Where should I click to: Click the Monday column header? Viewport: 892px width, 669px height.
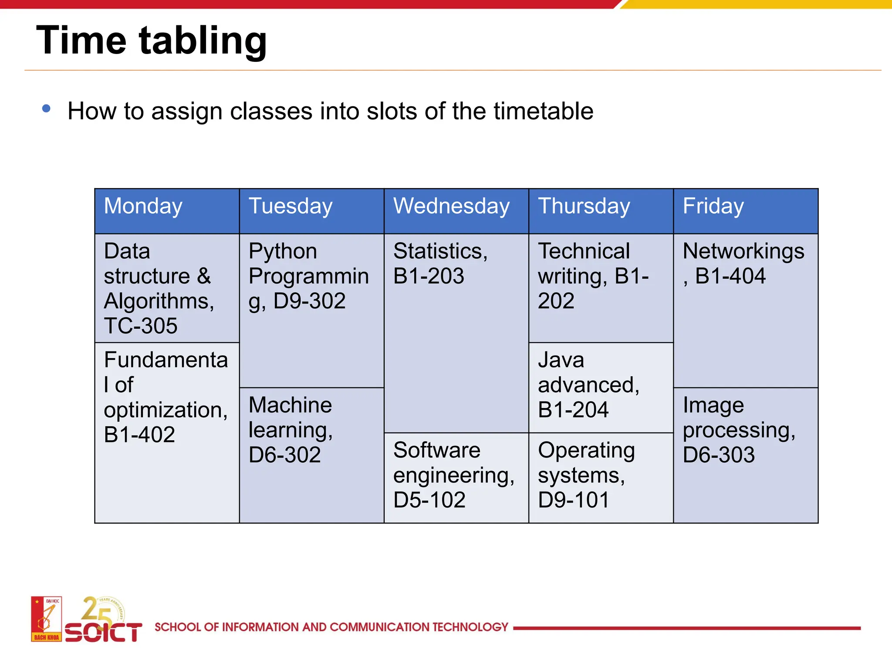(143, 206)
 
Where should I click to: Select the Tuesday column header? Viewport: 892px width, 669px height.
(291, 206)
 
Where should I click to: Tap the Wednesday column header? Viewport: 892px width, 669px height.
(451, 206)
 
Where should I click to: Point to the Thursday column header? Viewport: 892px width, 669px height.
(584, 206)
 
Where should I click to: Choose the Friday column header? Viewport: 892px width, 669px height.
(713, 206)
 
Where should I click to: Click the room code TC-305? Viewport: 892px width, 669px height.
(141, 326)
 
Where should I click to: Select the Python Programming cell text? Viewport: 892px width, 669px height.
(308, 276)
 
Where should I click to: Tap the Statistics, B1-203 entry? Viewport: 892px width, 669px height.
(440, 264)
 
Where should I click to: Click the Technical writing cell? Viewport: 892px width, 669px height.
(593, 276)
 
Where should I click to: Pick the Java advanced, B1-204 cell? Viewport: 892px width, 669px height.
(588, 385)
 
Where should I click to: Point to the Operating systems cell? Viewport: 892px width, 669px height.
(586, 475)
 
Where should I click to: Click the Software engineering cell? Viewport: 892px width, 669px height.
(453, 475)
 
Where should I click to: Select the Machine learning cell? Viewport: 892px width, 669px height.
(291, 430)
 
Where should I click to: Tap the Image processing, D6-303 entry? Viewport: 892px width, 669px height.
(739, 430)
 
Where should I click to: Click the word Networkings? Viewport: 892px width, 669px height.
(743, 251)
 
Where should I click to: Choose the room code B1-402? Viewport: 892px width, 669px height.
(139, 435)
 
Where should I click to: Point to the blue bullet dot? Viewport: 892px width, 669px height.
(46, 108)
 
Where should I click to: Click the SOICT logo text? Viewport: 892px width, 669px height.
(103, 632)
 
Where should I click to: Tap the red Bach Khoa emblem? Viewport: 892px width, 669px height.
(46, 619)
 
